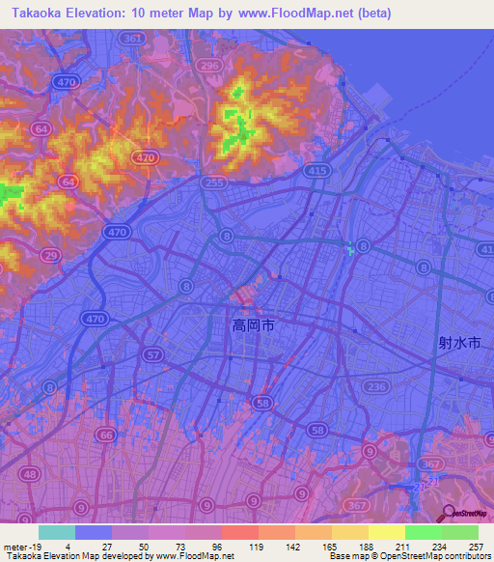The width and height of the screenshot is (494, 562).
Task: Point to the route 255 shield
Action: (216, 182)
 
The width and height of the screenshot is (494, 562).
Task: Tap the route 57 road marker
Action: (152, 356)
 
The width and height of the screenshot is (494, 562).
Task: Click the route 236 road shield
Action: (376, 386)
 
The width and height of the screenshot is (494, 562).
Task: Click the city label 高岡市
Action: (254, 327)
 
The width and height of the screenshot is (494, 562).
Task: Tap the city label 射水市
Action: (458, 342)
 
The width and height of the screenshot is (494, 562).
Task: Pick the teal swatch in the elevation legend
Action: (57, 532)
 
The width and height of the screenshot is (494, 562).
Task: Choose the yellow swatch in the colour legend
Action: (386, 532)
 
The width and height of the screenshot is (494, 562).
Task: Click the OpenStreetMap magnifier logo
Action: (448, 514)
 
